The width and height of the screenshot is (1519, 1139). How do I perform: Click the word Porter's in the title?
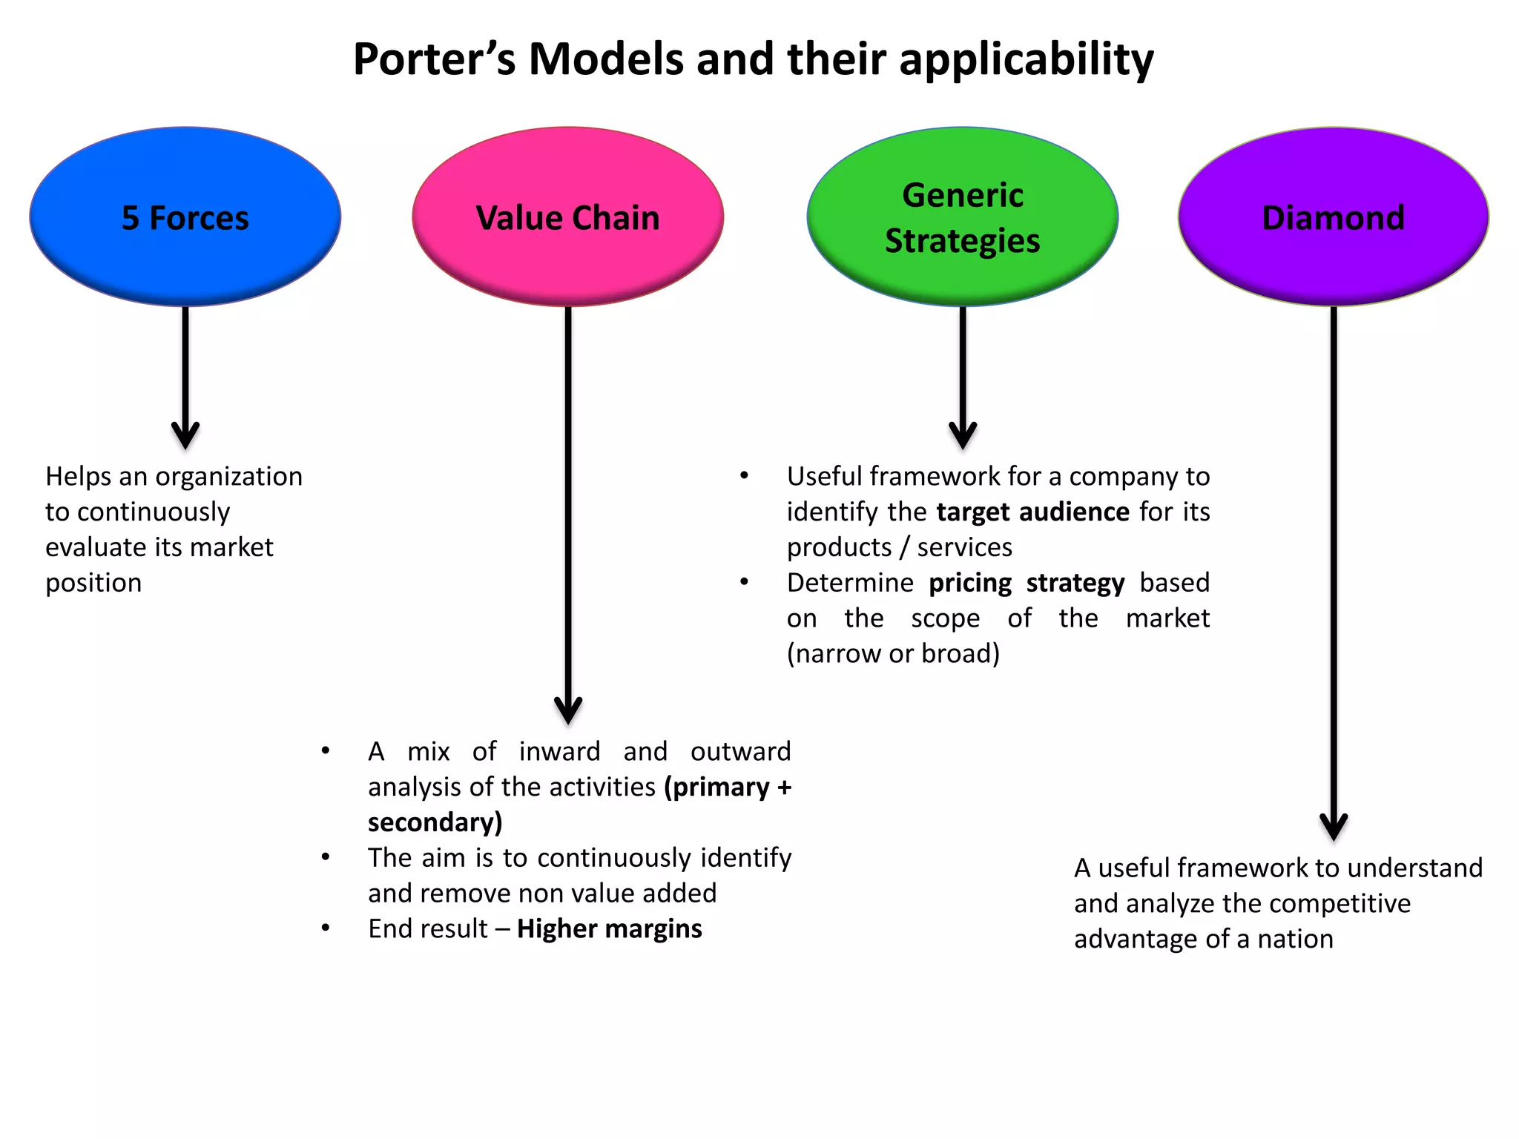click(x=434, y=59)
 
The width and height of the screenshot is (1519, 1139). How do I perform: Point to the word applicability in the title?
click(x=1027, y=59)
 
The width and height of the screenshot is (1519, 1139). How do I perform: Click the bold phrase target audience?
click(x=1032, y=512)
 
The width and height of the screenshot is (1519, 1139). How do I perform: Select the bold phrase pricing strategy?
click(x=1027, y=583)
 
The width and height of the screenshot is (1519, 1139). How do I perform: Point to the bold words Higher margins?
click(x=609, y=928)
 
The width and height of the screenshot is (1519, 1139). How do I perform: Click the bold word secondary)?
click(x=435, y=822)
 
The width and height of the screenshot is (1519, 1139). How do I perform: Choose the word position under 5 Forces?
click(x=93, y=583)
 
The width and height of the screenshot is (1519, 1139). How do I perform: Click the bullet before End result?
click(x=326, y=928)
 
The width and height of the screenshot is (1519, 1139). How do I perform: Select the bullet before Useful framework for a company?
click(x=745, y=476)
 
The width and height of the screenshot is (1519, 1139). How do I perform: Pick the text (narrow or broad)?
click(x=893, y=653)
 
